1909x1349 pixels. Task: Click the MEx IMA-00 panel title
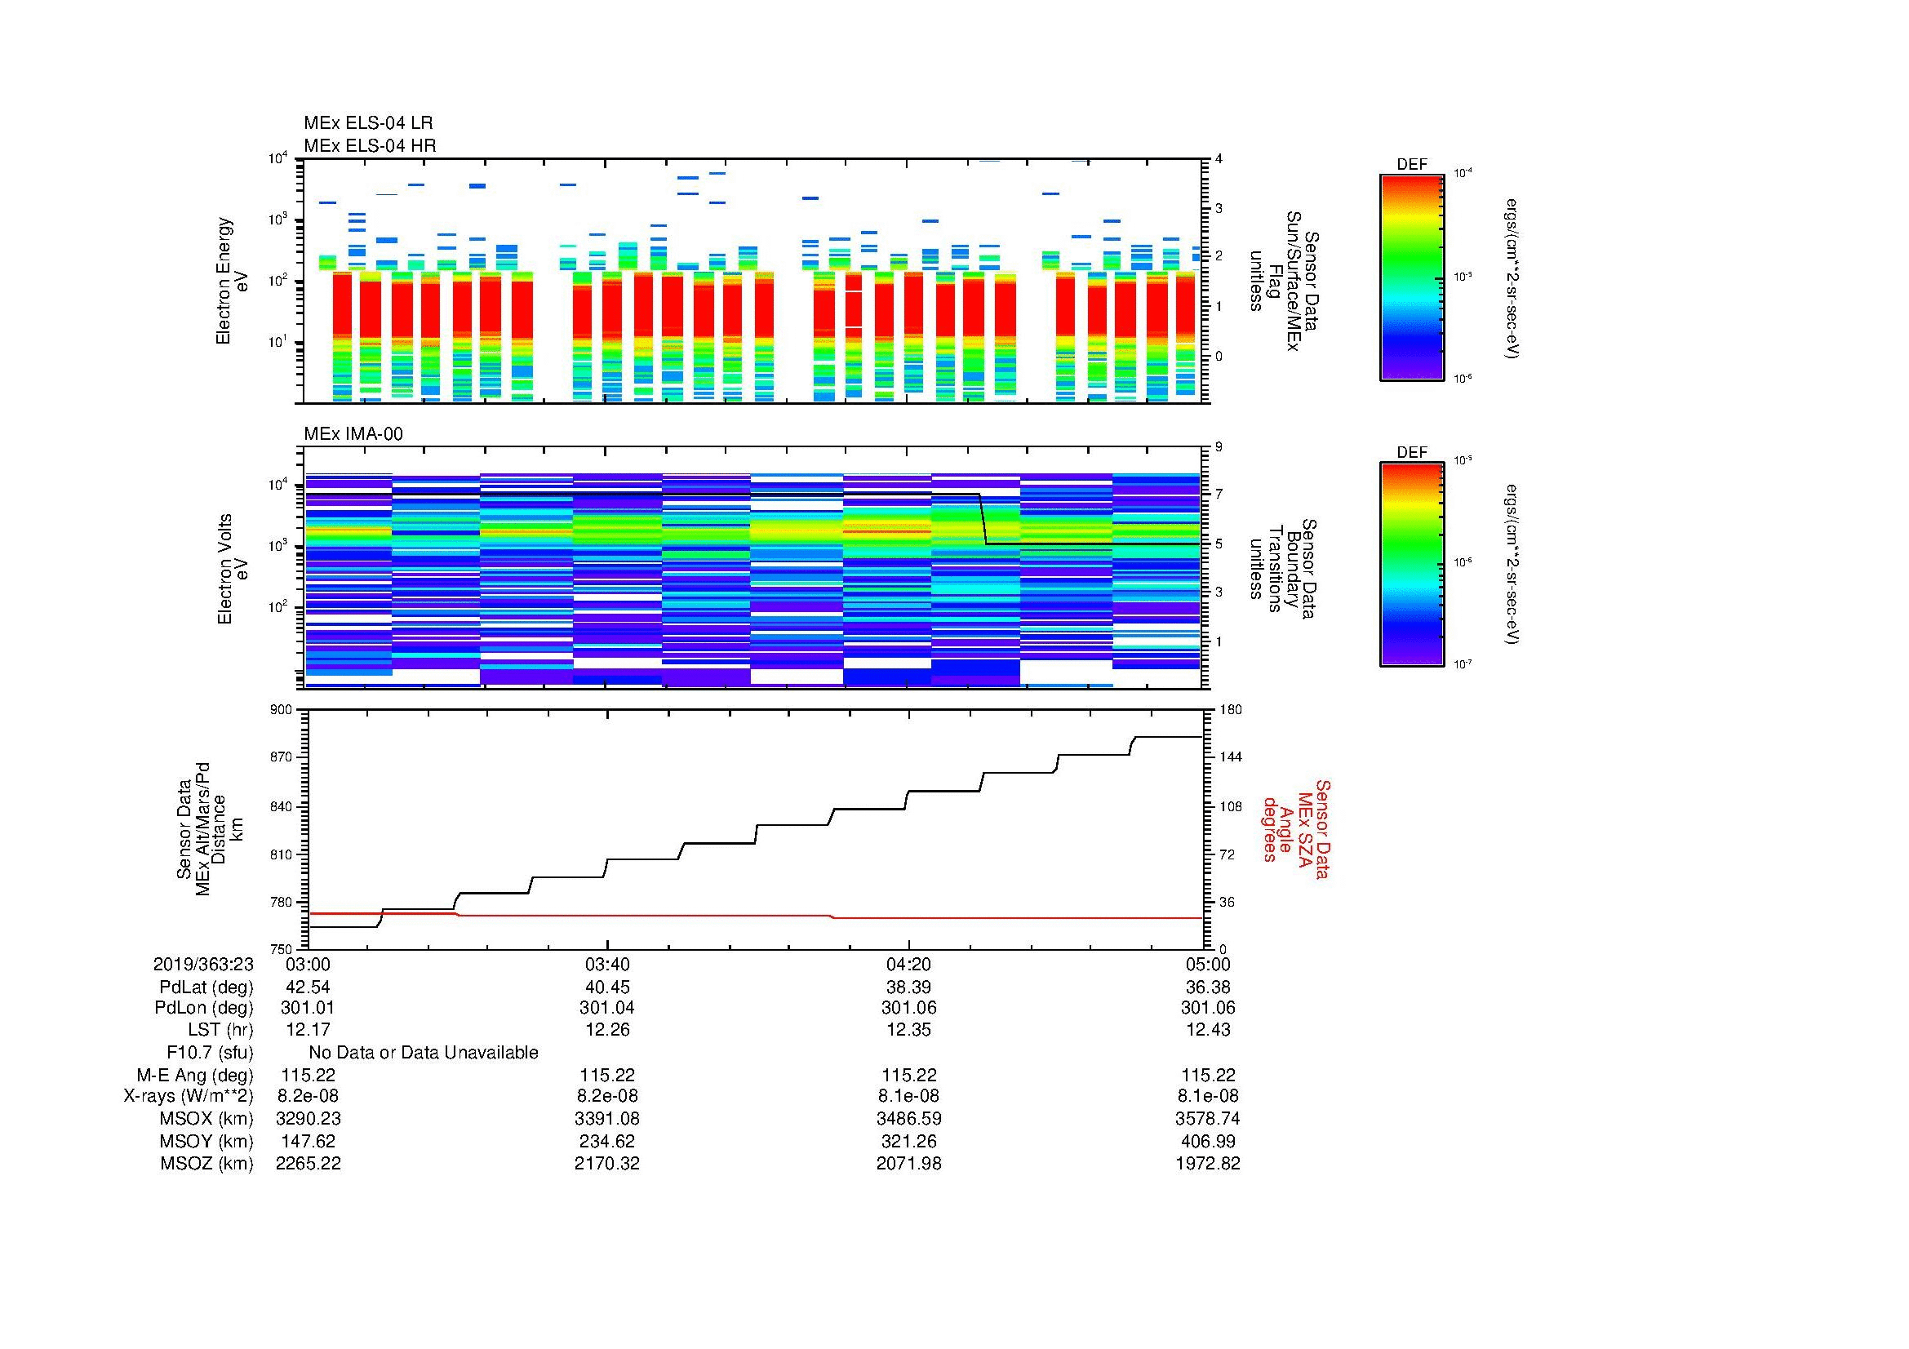[353, 434]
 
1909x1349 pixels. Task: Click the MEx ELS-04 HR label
[370, 145]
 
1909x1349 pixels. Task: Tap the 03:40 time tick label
[607, 964]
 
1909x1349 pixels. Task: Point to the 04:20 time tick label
[908, 964]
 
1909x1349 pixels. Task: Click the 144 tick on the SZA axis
[1230, 757]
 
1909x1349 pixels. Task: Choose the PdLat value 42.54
[308, 987]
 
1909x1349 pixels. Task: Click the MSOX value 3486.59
[908, 1119]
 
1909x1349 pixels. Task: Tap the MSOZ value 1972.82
[1207, 1164]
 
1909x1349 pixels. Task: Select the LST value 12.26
[607, 1030]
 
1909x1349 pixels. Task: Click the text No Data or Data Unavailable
[424, 1053]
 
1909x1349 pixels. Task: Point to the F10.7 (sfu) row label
[210, 1053]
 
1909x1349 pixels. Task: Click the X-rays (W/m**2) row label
[189, 1096]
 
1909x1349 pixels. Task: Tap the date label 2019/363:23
[203, 964]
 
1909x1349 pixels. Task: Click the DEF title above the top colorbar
[1412, 165]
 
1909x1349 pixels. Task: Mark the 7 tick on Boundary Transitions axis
[1219, 495]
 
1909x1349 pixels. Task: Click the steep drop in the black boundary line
[983, 520]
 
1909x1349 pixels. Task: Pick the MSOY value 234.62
[607, 1141]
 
